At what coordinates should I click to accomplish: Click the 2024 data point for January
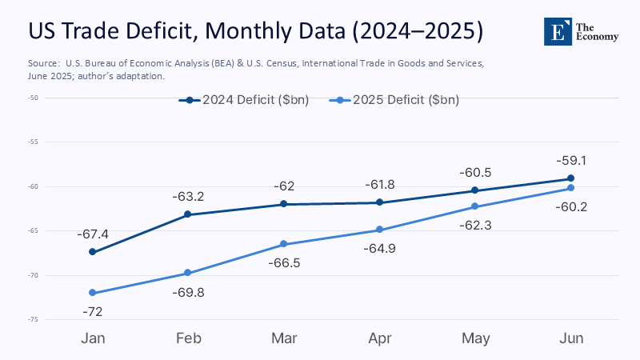[x=93, y=252]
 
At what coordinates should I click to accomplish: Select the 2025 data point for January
[x=93, y=293]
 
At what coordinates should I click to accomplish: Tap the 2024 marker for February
[x=188, y=214]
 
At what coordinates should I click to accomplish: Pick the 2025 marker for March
[x=283, y=244]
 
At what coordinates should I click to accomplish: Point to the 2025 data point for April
[x=378, y=230]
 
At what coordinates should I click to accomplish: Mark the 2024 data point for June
[x=570, y=178]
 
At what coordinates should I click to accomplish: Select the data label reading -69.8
[x=188, y=292]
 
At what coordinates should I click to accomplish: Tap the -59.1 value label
[x=570, y=161]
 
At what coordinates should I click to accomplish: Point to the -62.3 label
[x=474, y=226]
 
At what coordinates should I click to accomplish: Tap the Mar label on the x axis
[x=283, y=338]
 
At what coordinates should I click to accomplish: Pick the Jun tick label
[x=570, y=338]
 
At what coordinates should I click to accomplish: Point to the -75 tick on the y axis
[x=32, y=320]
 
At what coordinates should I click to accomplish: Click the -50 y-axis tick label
[x=32, y=98]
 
